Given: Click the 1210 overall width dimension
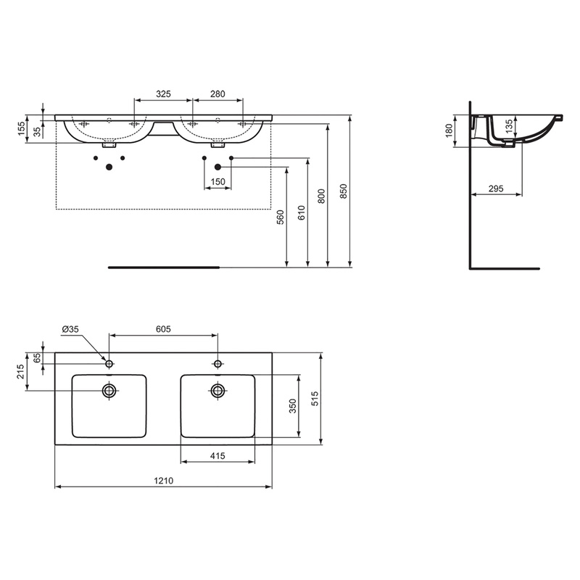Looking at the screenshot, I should [162, 480].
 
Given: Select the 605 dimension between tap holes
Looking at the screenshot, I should [162, 328].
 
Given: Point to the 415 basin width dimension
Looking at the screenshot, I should [217, 455].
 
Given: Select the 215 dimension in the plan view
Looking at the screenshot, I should [21, 371].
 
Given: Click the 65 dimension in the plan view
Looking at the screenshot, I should [37, 358].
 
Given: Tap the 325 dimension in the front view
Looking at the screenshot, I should [163, 94].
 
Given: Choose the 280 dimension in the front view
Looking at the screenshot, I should [217, 94].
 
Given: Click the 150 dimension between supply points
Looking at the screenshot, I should [217, 181].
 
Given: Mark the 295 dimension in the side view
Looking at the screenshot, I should [496, 188].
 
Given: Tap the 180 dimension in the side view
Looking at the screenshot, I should [449, 130].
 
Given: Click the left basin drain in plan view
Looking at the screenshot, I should [109, 391].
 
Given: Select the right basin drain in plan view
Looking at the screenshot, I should [217, 391].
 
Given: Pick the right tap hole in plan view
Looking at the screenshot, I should [217, 363].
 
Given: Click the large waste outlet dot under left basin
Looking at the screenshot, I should [109, 167].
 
